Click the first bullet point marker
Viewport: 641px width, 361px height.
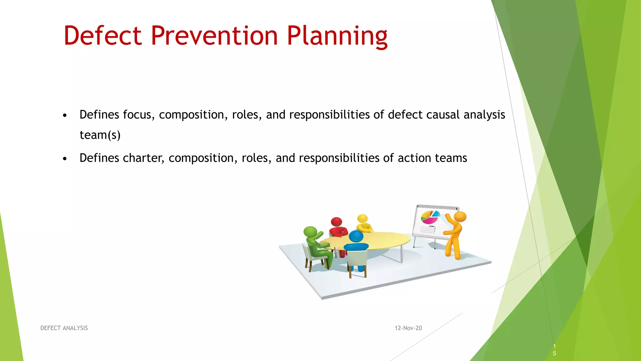65,116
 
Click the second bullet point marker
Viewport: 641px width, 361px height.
65,159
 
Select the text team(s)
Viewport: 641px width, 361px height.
100,135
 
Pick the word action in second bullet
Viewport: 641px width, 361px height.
414,158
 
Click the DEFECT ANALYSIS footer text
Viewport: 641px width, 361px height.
64,328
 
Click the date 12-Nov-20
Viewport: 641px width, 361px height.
408,328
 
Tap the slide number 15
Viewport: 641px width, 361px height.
554,350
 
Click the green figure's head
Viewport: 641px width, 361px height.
310,232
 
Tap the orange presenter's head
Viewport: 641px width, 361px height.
460,217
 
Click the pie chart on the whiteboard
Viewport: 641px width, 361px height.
430,217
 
